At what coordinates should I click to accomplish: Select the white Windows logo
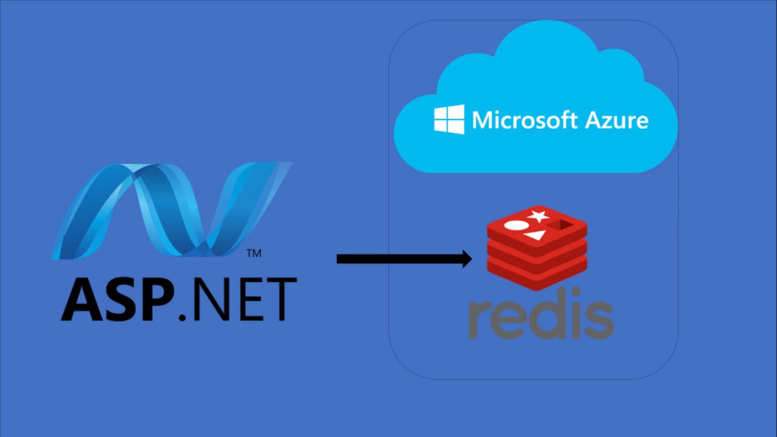449,119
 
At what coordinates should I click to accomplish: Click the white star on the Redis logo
538,215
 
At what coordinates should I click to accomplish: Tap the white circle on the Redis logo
516,226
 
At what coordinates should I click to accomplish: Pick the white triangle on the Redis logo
535,234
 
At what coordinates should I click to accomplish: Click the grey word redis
541,317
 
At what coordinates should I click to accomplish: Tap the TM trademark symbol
254,253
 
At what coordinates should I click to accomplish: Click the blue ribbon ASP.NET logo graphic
173,209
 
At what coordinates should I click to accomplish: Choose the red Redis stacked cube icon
537,246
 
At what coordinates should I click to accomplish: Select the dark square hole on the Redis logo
562,225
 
